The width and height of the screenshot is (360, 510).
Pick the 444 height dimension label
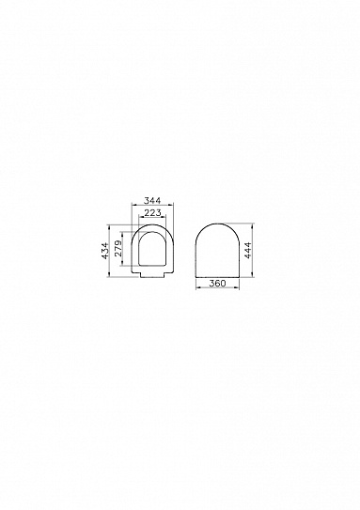pos(247,251)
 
